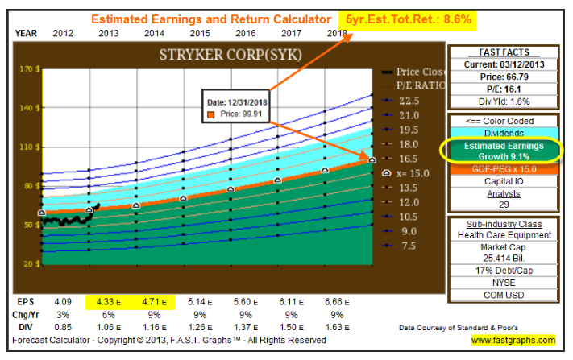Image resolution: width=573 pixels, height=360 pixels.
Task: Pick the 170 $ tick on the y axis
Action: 29,69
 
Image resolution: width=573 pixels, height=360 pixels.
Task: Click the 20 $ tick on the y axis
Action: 31,264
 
